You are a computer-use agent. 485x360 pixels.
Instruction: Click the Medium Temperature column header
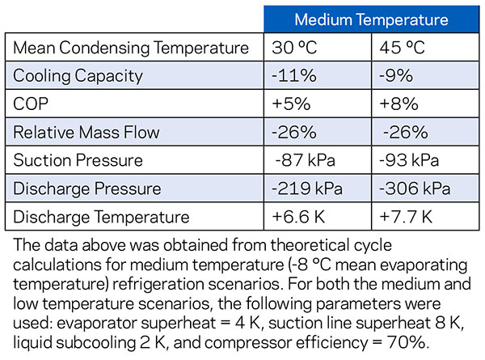tap(370, 19)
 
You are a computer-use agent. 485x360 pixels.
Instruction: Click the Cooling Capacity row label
tap(78, 76)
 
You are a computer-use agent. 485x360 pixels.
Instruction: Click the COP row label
tap(30, 104)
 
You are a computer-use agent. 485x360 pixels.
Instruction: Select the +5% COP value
tap(293, 104)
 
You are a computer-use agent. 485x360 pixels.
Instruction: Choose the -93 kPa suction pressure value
tap(413, 161)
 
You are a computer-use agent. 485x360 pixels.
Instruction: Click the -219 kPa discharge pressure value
tap(308, 188)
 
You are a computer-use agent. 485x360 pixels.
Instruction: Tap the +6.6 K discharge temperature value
tap(302, 217)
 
